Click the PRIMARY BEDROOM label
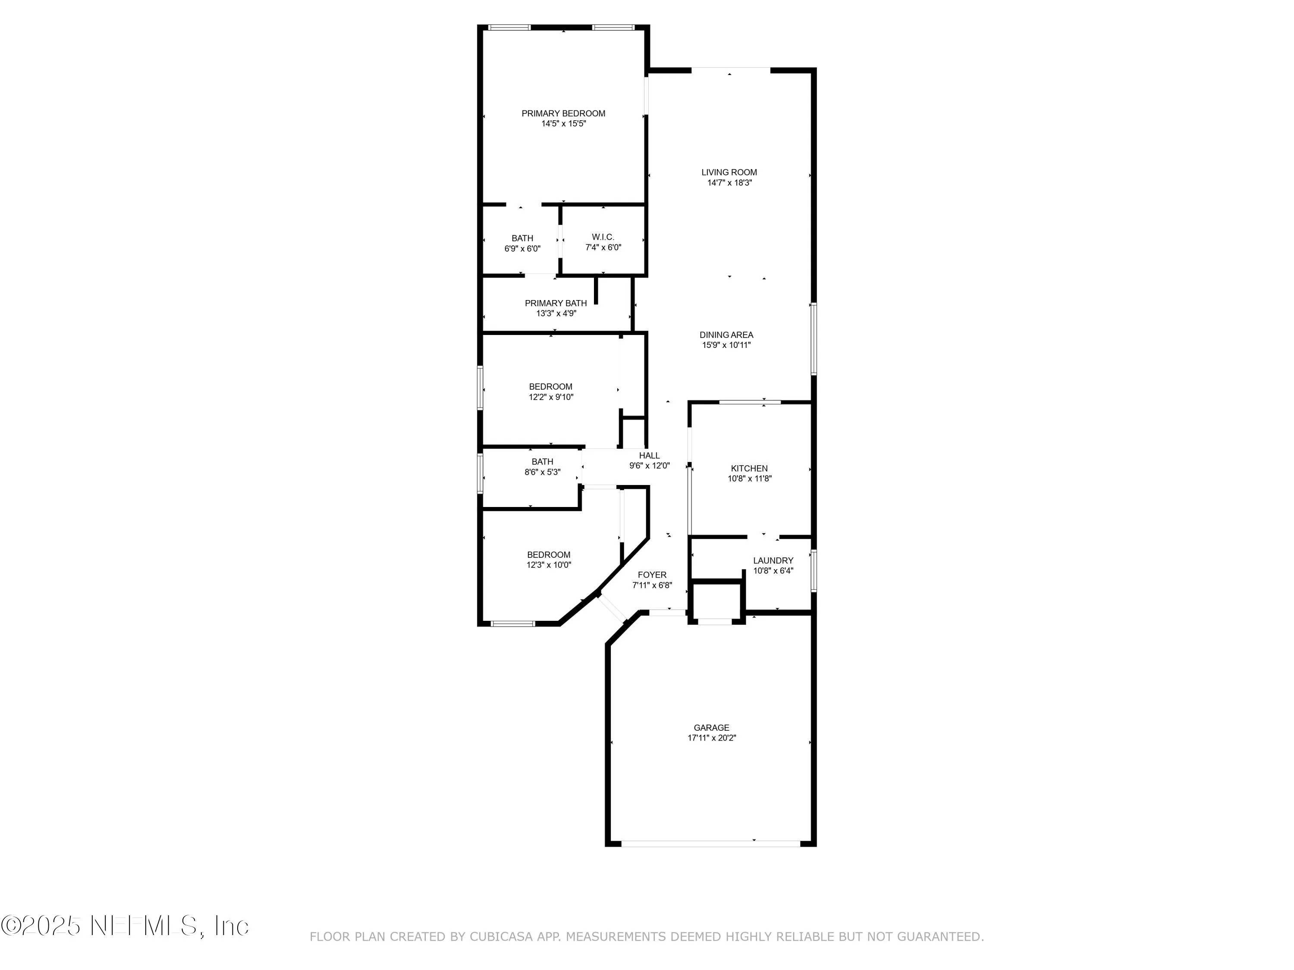[x=563, y=113]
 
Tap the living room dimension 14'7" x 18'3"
[x=729, y=182]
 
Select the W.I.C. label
[x=603, y=237]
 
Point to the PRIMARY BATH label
[x=555, y=303]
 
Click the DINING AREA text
[x=726, y=335]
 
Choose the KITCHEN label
[x=749, y=468]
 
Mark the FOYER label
[x=652, y=575]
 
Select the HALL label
[x=649, y=456]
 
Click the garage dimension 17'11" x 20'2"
[x=711, y=738]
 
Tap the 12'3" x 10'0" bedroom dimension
[x=548, y=565]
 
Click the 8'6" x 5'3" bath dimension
[x=542, y=472]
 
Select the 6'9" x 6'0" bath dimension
[x=522, y=248]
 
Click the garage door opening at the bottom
[x=710, y=843]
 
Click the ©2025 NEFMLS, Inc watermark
[x=125, y=926]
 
